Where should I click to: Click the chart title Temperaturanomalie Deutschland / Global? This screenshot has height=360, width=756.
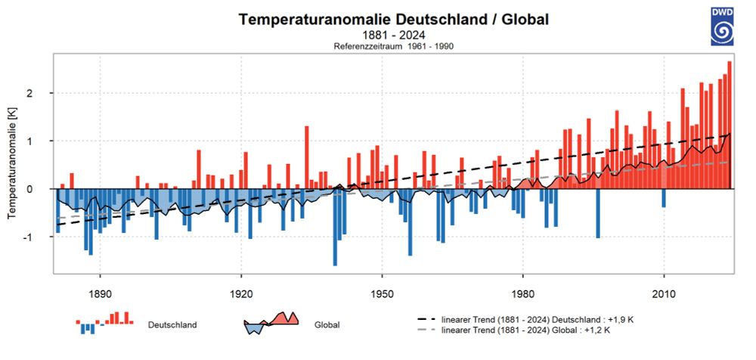coord(394,20)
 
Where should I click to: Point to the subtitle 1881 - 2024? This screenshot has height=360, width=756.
coord(394,35)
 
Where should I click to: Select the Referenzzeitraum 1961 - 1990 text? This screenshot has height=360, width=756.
coord(394,46)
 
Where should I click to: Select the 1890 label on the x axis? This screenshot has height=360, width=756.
coord(101,293)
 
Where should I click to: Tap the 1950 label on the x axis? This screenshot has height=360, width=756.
coord(382,293)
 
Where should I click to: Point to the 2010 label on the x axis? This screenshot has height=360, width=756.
coord(664,293)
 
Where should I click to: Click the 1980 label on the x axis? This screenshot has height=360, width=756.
coord(523,293)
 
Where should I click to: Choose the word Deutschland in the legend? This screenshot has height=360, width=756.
coord(173,325)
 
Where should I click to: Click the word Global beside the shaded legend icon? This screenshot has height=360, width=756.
coord(327,325)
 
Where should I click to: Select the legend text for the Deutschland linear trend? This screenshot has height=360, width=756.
coord(538,320)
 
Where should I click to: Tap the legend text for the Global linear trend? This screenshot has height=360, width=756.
coord(526,331)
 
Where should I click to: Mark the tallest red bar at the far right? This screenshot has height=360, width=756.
coord(730,125)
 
